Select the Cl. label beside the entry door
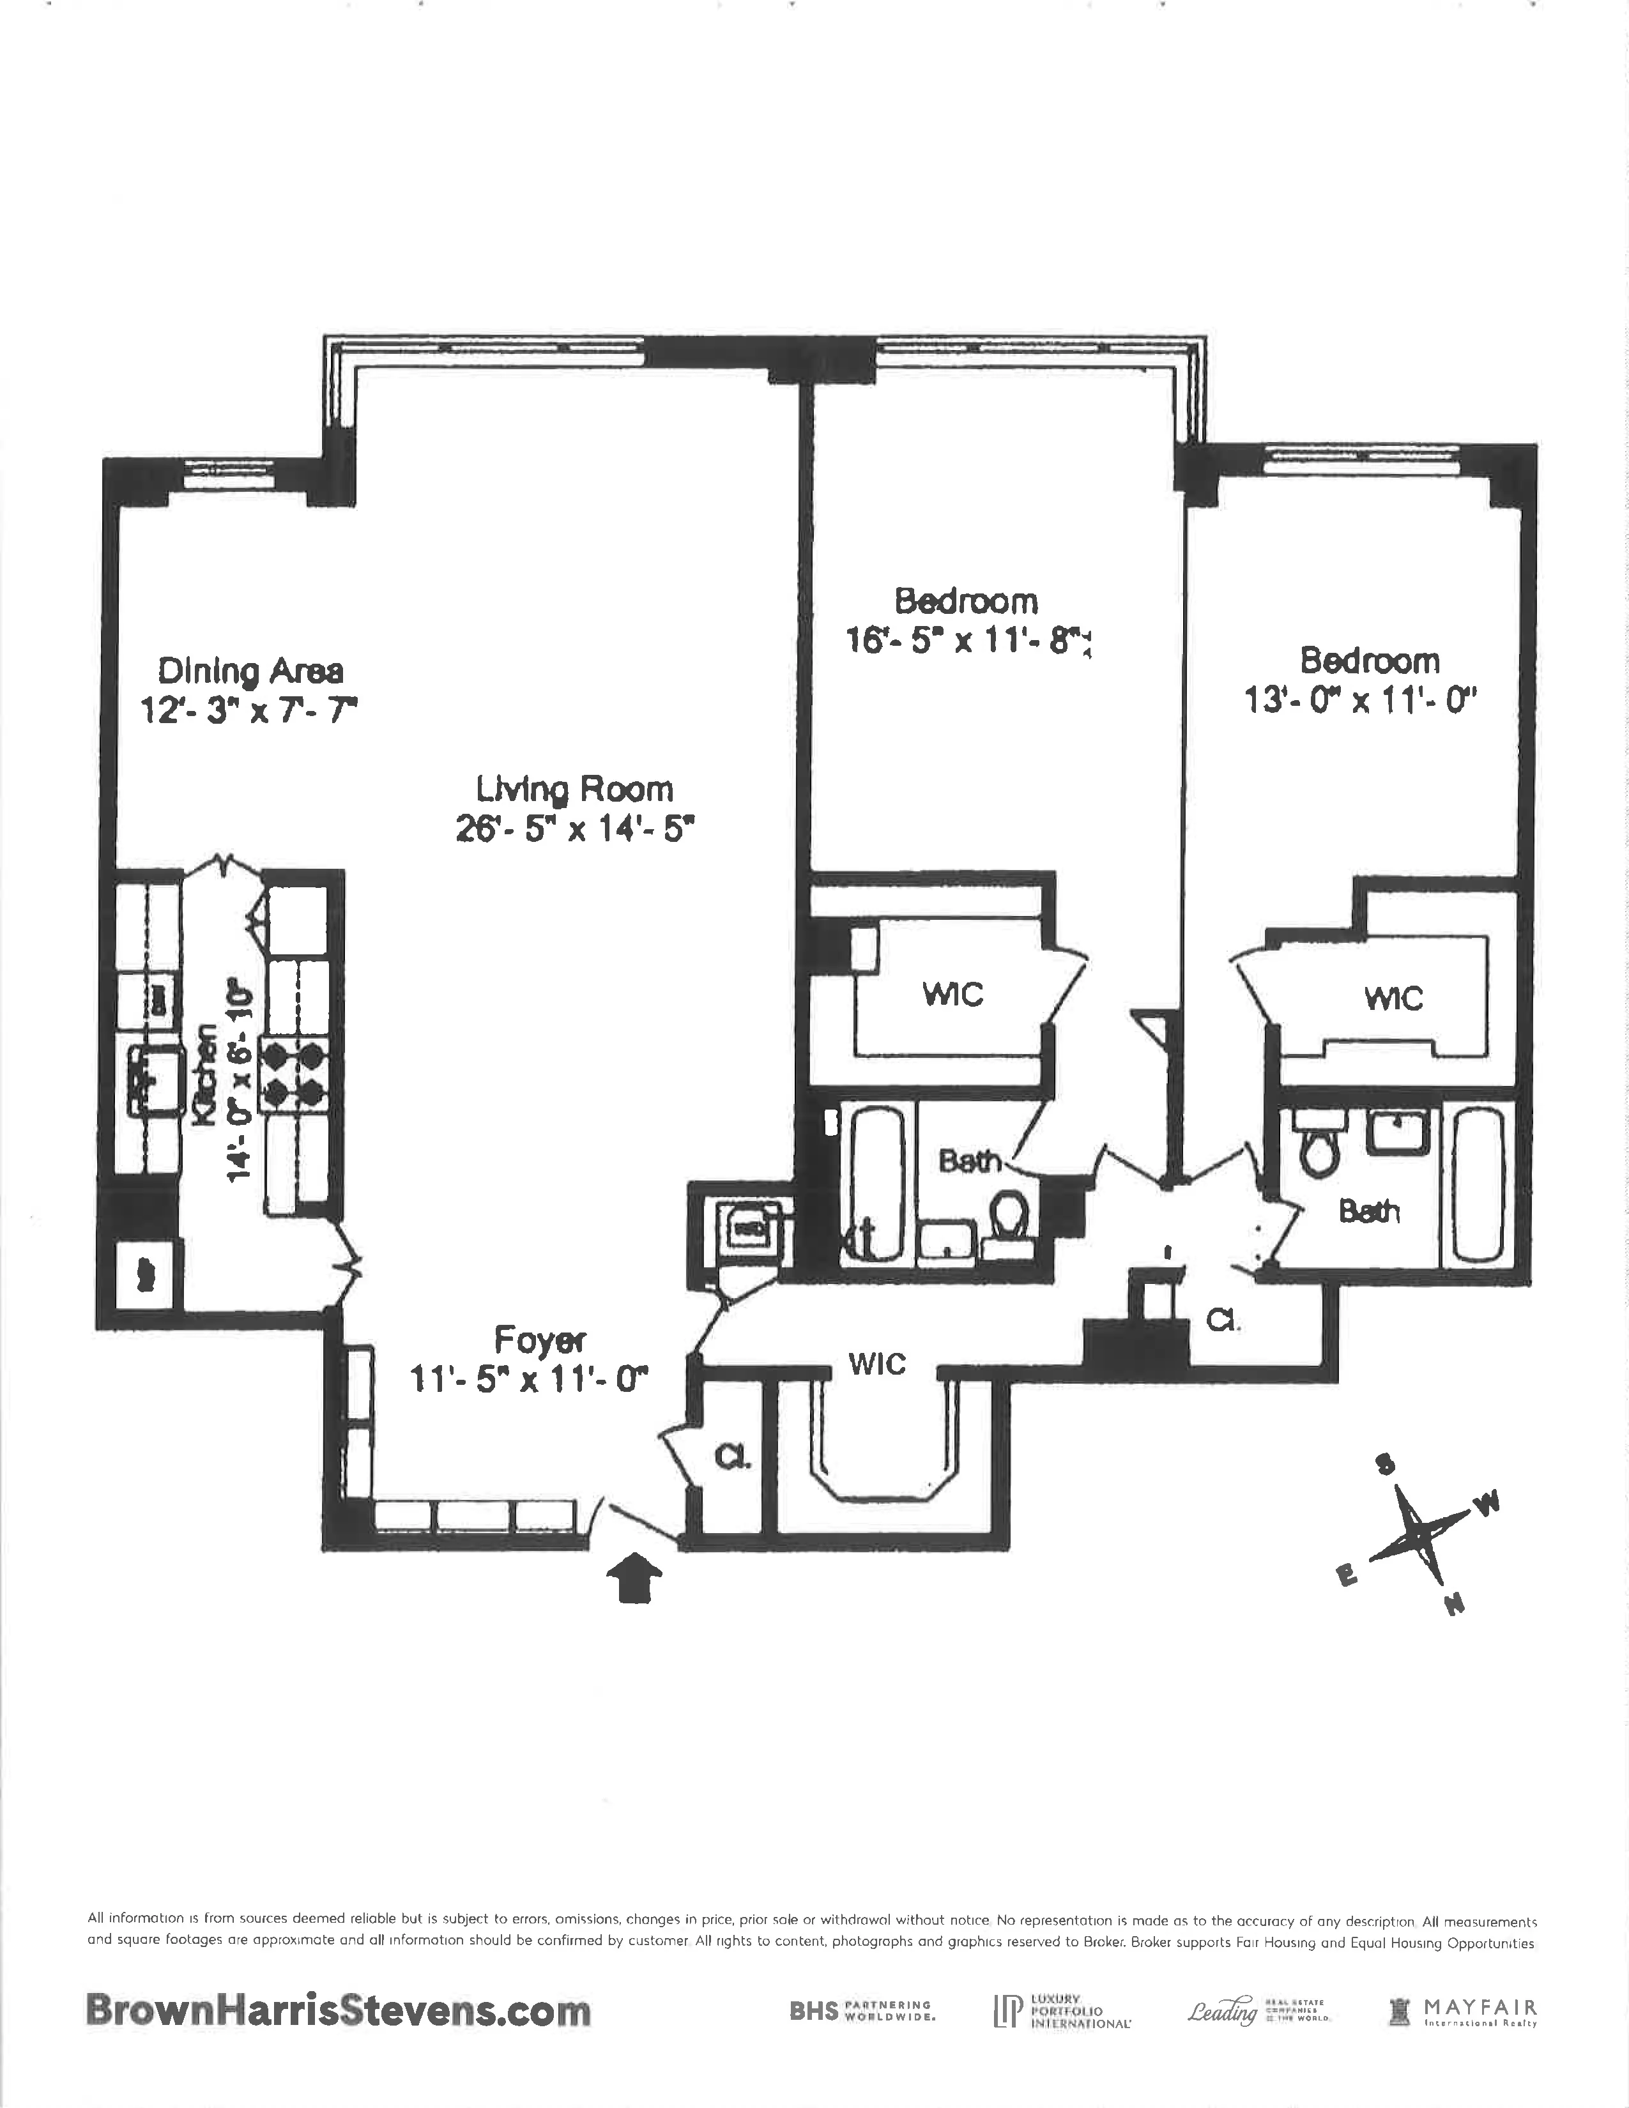tap(733, 1458)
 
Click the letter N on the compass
tap(1455, 1605)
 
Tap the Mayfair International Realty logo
tap(1462, 2010)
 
